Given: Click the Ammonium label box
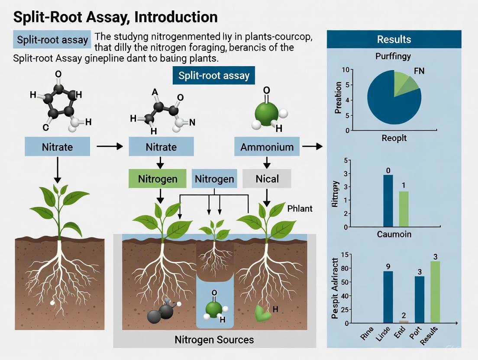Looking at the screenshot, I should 267,147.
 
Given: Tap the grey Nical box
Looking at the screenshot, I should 267,179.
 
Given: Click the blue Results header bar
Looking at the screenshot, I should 394,39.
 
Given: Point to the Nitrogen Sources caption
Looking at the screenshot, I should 214,339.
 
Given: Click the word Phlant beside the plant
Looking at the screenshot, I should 300,209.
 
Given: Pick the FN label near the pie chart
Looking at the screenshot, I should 419,71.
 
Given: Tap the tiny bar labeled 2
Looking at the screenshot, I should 404,321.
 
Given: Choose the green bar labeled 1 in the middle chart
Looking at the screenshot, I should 403,209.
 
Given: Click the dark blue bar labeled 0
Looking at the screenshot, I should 388,201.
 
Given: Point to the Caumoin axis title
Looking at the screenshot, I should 394,235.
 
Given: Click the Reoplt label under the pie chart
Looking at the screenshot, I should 394,138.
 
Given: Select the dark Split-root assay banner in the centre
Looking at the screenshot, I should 214,76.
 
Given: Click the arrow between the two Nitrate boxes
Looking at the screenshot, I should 110,147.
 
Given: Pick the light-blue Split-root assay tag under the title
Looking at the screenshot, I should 52,40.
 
